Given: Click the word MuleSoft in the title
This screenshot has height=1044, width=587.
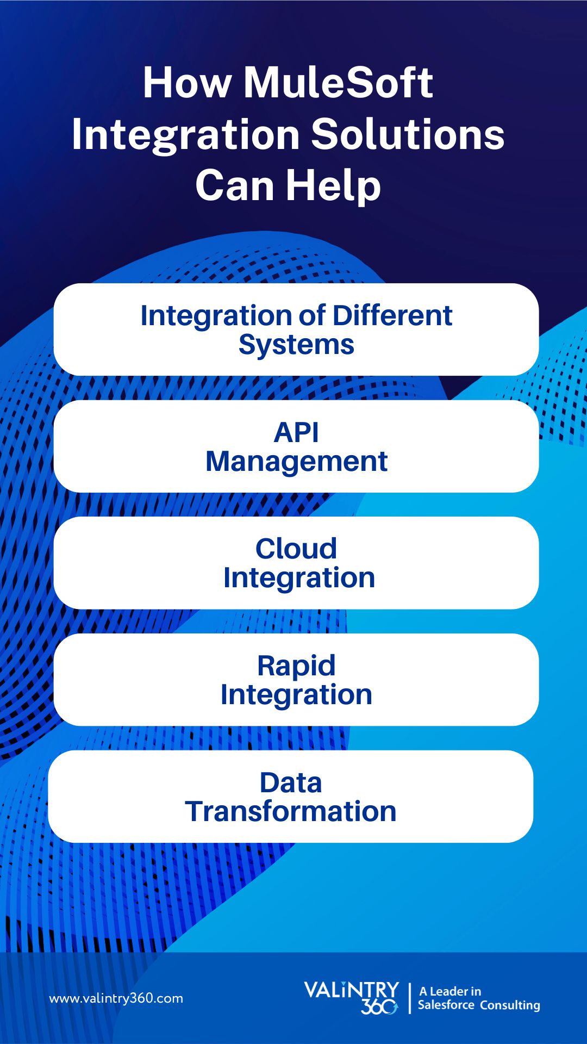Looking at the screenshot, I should coord(338,83).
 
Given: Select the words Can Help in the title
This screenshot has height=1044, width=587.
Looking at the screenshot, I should coord(288,185).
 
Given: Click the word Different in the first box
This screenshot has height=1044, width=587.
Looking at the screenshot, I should coord(392,315).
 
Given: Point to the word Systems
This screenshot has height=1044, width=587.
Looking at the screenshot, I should coord(296,345).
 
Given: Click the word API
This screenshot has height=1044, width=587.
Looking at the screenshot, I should coord(296,433).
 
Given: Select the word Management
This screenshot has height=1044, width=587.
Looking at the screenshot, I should coord(296,462).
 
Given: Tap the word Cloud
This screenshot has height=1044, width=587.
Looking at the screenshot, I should coord(296,549).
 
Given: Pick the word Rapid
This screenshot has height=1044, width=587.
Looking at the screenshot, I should coord(296,666).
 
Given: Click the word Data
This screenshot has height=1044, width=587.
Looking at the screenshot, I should coord(291,783).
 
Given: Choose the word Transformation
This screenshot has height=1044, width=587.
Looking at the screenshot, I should coord(291,811).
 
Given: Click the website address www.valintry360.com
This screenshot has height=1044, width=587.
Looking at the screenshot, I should coord(116,998).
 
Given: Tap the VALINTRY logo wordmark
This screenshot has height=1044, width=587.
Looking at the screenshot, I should coord(351,990).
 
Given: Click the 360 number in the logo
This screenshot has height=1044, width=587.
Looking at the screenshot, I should coord(379,1007).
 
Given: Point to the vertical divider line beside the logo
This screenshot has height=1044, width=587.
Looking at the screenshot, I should coord(410,998).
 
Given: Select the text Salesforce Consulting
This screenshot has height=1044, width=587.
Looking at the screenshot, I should coord(479,1005).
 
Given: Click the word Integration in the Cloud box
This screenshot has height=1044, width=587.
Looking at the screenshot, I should coord(299,577).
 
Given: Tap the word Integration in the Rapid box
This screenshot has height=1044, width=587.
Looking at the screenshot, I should coord(296,694).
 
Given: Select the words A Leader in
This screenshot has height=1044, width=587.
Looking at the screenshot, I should coord(450,991).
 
